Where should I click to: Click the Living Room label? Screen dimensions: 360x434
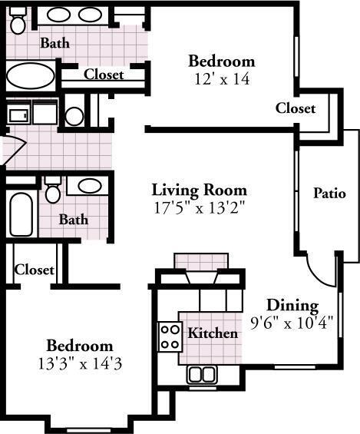pos(200,190)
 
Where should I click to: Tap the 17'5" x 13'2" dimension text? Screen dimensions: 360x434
pos(200,207)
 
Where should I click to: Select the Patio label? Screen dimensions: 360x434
pos(329,193)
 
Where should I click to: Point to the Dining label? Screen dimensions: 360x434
pos(292,306)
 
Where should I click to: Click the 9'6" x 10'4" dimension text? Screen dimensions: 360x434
pos(292,323)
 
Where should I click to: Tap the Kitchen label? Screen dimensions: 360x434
pos(213,333)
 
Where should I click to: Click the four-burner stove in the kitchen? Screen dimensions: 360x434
pos(170,336)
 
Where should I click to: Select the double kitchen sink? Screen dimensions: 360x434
pos(202,375)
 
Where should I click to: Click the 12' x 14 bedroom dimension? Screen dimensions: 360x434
pos(222,79)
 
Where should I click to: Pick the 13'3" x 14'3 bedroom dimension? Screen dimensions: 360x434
pos(80,363)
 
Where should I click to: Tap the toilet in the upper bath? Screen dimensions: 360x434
pos(18,21)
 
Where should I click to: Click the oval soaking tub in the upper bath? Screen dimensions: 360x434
pos(31,75)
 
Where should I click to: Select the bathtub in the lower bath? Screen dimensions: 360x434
pos(21,214)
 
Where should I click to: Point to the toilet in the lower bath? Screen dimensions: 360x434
pos(52,190)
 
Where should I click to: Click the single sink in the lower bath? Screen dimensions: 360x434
pos(90,186)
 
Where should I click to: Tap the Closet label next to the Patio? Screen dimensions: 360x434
pos(296,108)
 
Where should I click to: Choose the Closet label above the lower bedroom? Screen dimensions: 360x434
pos(34,270)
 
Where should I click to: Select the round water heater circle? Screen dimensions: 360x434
pos(74,116)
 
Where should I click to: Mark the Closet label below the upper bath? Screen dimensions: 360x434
pos(104,75)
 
